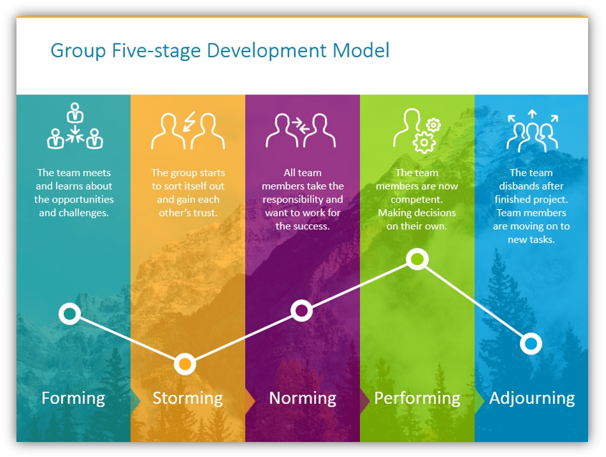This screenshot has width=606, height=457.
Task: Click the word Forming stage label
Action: (x=73, y=399)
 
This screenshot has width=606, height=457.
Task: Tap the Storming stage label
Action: (x=187, y=399)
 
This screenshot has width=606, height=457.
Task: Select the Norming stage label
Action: (x=302, y=399)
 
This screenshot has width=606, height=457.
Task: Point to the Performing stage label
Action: (x=417, y=399)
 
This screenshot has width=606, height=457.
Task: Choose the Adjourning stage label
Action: (x=532, y=399)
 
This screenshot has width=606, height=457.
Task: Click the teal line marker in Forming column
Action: (x=70, y=314)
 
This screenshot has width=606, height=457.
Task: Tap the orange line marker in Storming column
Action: (x=185, y=364)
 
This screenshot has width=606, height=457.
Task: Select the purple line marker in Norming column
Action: (x=301, y=310)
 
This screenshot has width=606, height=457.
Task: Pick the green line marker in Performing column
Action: (x=417, y=259)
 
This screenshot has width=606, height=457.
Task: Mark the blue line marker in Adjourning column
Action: (x=531, y=343)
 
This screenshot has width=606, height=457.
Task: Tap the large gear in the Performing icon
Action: (x=424, y=143)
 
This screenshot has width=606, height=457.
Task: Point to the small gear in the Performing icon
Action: (x=433, y=125)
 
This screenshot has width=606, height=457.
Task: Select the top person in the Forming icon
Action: (x=75, y=112)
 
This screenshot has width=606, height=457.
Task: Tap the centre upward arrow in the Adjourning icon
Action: (x=532, y=114)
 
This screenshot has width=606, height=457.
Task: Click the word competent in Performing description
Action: (x=417, y=200)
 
